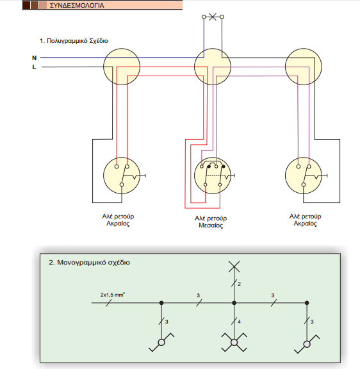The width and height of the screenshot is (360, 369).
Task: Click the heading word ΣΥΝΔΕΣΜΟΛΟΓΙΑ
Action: [x=77, y=5]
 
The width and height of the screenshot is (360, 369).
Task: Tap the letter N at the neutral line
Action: [x=35, y=58]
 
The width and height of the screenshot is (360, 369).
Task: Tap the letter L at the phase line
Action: [x=35, y=67]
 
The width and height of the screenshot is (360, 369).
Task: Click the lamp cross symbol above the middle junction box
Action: [x=213, y=17]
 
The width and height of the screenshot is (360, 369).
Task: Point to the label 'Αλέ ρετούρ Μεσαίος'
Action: [x=211, y=222]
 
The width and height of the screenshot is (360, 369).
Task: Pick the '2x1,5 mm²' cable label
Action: [x=113, y=295]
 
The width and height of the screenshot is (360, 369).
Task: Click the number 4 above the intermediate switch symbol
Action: [x=239, y=322]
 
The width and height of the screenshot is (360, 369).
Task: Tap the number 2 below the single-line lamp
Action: [x=239, y=284]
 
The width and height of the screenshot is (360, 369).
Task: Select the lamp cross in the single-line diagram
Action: [x=234, y=266]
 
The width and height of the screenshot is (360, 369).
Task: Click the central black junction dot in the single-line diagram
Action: [x=234, y=303]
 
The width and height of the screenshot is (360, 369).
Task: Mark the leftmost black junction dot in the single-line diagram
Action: [x=161, y=303]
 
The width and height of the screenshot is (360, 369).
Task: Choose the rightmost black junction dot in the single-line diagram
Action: [x=307, y=303]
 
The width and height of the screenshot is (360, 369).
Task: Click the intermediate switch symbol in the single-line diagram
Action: [x=234, y=342]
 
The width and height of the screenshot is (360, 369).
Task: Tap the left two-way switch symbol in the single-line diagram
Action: [x=161, y=342]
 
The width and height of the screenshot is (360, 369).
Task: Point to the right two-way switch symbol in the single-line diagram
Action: [x=307, y=344]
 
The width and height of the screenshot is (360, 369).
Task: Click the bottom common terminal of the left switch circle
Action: [x=122, y=184]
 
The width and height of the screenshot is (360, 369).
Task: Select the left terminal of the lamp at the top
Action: [x=204, y=17]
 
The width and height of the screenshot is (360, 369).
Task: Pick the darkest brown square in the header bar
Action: [x=26, y=5]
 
